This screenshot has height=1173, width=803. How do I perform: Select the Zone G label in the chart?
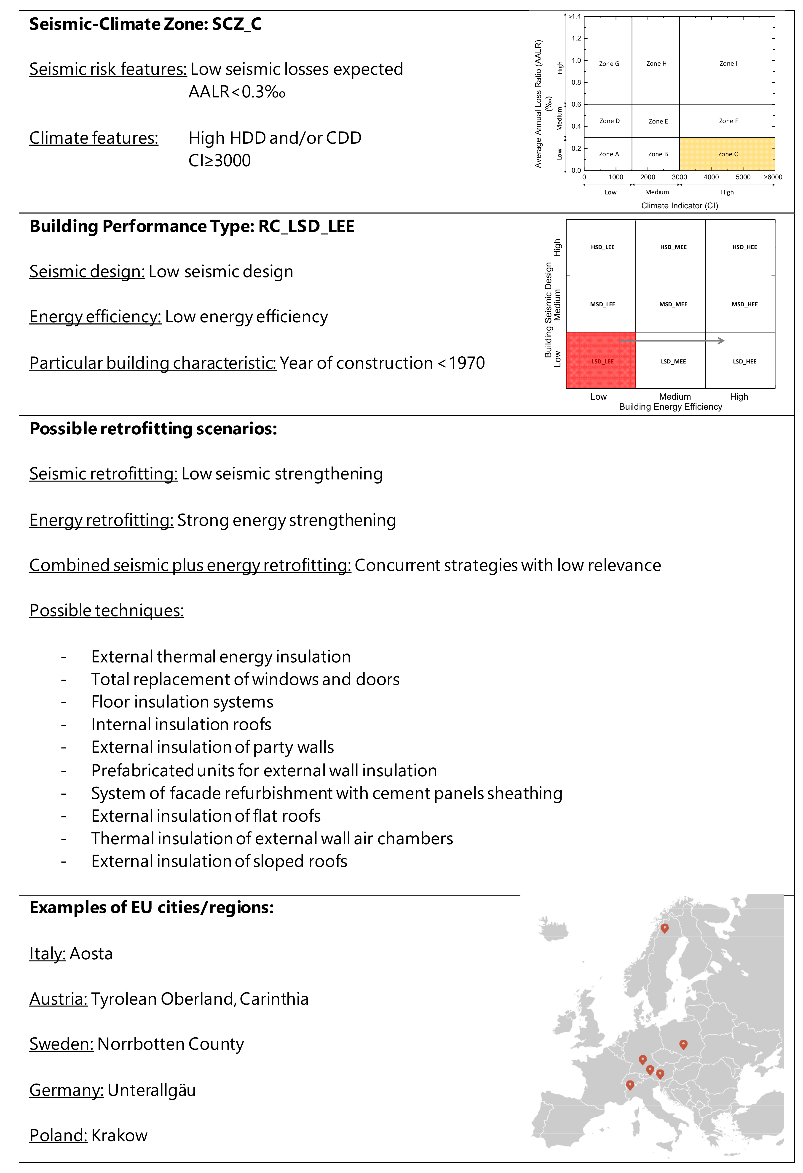click(x=609, y=64)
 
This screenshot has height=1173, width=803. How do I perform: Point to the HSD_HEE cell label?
click(x=744, y=247)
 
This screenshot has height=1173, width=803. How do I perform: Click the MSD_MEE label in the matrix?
click(x=673, y=304)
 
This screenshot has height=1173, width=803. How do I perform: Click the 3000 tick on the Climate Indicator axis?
click(x=679, y=177)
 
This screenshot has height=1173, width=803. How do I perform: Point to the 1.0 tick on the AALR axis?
click(x=576, y=60)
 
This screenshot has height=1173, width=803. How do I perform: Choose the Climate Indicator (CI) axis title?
click(x=679, y=205)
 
